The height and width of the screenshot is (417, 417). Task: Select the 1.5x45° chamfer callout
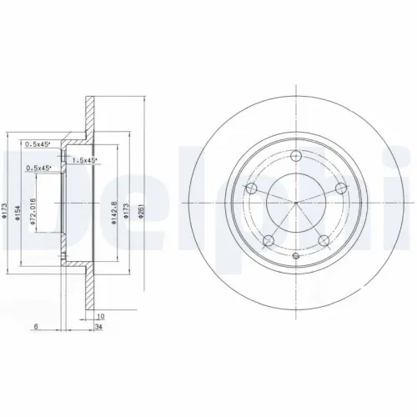click(x=84, y=159)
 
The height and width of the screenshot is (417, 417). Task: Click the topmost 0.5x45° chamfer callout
click(x=38, y=143)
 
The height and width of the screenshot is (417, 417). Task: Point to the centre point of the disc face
click(x=296, y=202)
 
